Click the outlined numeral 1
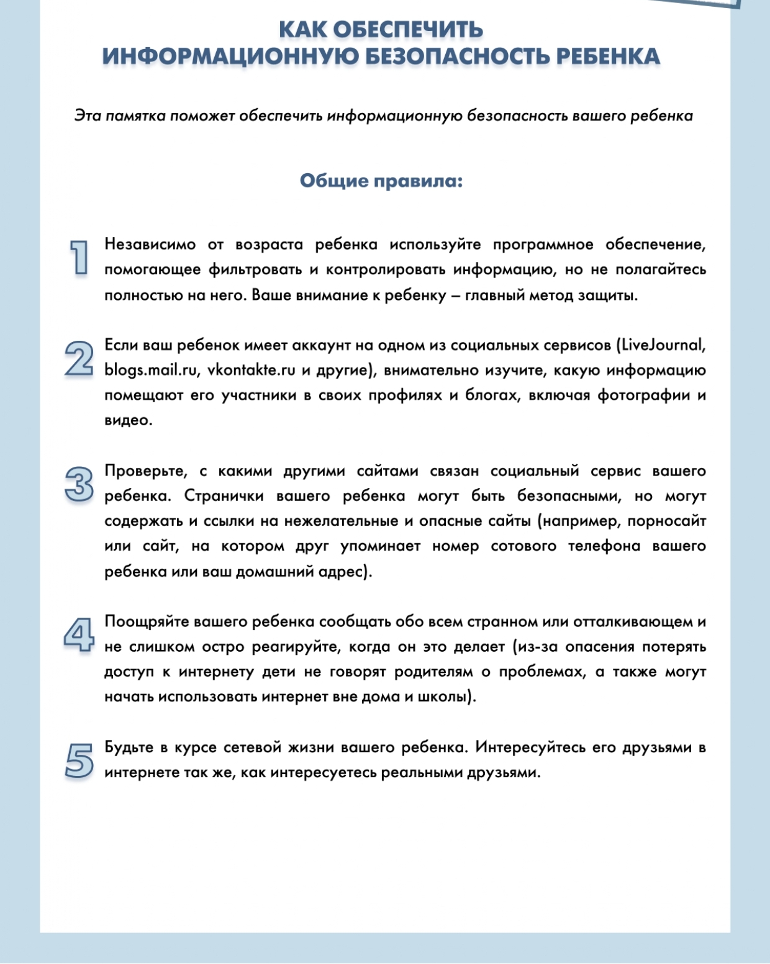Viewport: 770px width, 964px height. coord(79,257)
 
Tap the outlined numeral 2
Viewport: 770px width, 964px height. coord(79,358)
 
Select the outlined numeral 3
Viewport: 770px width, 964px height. coord(79,484)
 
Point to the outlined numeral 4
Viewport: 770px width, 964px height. coord(79,634)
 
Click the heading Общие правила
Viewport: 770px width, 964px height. coord(381,181)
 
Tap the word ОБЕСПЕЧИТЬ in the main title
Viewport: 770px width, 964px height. coord(417,30)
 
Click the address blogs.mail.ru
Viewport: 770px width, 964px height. coord(150,370)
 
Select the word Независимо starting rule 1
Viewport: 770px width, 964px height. coord(150,245)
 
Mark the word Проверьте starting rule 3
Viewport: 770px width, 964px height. coord(145,471)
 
